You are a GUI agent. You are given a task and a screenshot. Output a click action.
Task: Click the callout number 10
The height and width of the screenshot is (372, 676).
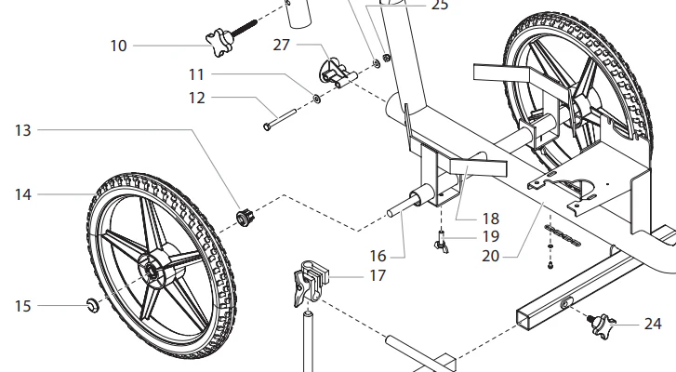point(119,46)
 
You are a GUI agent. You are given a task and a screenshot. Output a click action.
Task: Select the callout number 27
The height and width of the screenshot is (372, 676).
point(282,45)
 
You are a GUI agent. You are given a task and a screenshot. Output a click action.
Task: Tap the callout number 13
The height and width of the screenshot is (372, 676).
point(23,130)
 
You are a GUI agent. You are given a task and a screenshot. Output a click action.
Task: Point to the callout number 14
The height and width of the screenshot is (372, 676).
point(23,194)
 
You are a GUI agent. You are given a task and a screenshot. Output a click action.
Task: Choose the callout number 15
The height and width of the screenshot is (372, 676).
point(23,306)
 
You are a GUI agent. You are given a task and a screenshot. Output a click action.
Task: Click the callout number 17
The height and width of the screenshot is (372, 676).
point(378,275)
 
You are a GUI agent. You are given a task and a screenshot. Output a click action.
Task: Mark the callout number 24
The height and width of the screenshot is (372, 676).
point(653,324)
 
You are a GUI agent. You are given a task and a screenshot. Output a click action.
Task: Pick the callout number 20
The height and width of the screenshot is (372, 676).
point(491,256)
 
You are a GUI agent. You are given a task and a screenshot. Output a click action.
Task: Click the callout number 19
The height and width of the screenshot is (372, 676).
point(491,236)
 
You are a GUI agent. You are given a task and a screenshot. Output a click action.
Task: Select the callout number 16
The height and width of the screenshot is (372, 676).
point(378,256)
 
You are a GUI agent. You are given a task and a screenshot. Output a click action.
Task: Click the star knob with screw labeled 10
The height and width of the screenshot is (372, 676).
point(232,36)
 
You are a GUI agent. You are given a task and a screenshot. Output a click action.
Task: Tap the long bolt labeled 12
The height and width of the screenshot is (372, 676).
point(280,120)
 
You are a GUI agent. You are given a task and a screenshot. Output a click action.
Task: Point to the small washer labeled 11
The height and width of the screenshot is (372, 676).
point(317,100)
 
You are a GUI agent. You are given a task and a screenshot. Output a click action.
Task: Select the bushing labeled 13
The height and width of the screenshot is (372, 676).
point(245,218)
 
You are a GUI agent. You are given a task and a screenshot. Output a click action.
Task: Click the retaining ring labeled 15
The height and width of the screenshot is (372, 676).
point(93,305)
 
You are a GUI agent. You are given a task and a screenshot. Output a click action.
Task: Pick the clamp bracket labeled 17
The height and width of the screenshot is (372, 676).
point(311,284)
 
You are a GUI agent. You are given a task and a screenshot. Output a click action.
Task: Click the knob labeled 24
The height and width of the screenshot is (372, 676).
point(602,325)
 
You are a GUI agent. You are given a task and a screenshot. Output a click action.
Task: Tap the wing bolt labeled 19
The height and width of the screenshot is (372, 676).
point(442,243)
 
